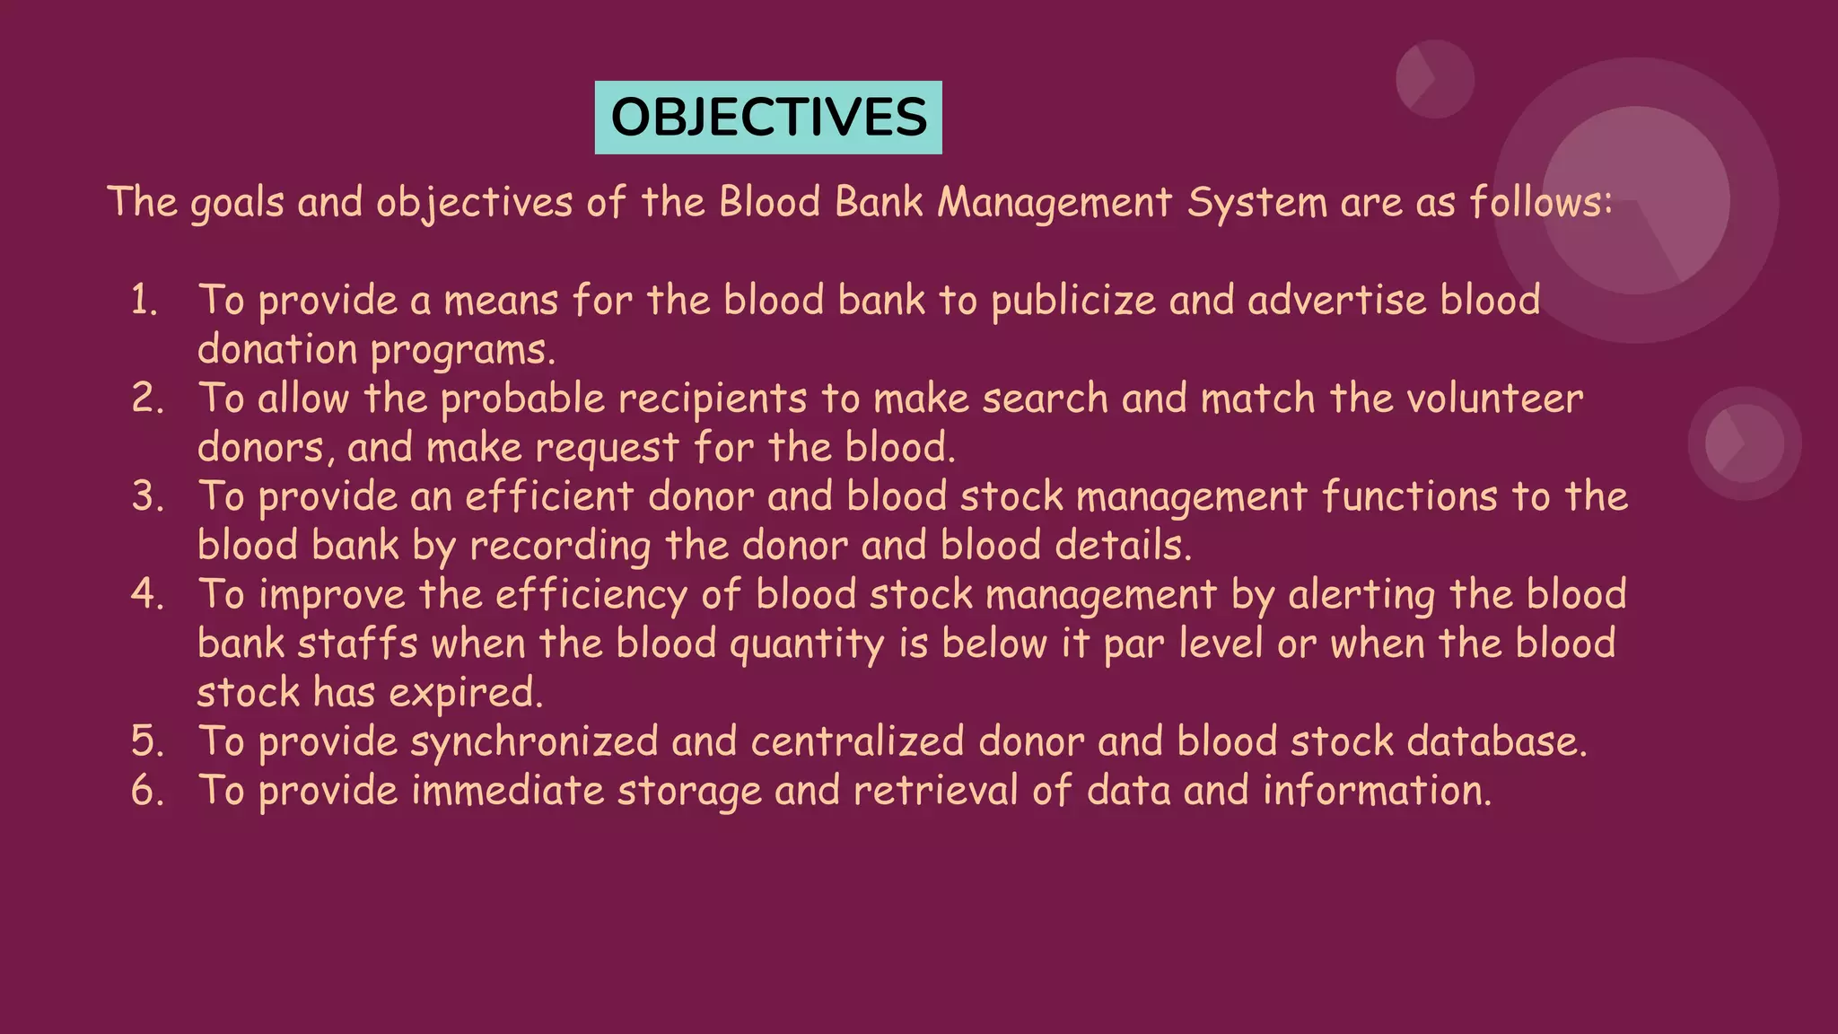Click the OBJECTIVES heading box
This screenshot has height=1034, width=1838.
click(x=768, y=118)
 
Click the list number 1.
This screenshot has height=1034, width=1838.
click(x=144, y=300)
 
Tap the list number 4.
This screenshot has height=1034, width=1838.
click(x=147, y=594)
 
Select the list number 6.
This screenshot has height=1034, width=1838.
click(x=147, y=791)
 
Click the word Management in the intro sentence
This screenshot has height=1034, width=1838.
click(x=1055, y=203)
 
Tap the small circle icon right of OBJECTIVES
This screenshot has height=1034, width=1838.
click(x=1434, y=79)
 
